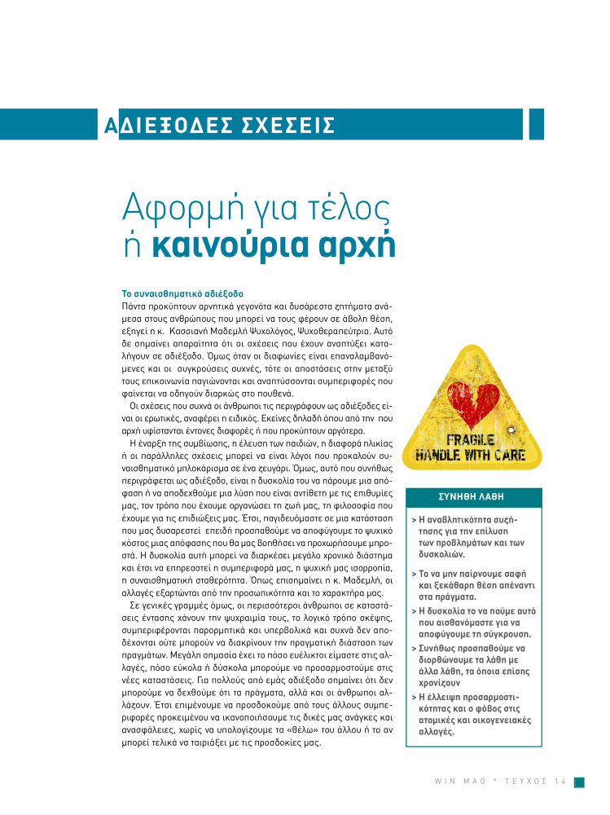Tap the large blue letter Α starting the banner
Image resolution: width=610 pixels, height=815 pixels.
(110, 126)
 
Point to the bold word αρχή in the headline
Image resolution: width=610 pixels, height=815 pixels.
(354, 246)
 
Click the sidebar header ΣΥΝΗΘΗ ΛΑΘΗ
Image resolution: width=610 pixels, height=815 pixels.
(472, 496)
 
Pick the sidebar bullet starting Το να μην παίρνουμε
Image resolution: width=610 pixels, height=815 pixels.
(468, 584)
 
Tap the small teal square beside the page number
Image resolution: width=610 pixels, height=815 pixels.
(578, 782)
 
